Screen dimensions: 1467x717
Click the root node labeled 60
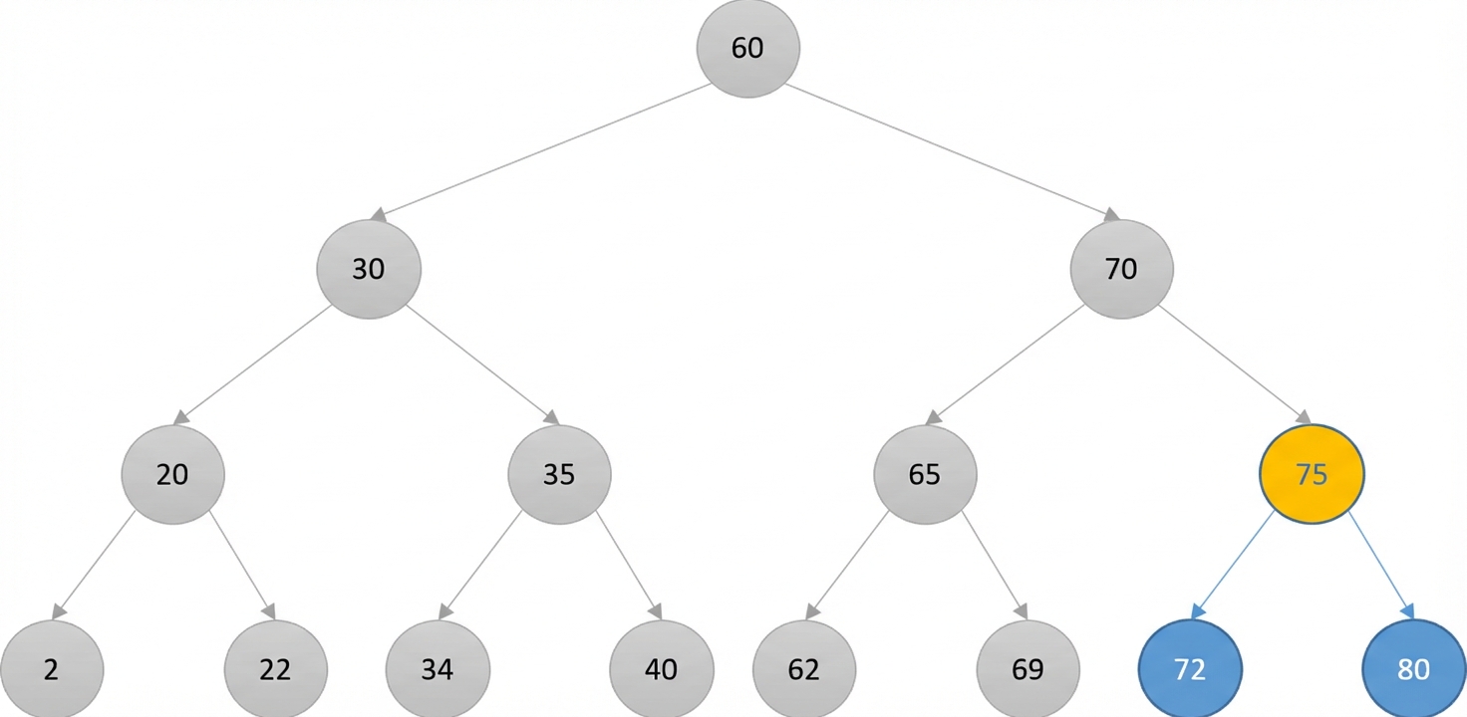(x=747, y=48)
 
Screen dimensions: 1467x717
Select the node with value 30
(x=369, y=269)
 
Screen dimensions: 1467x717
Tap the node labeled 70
(x=1122, y=269)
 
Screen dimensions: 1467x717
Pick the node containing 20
(x=172, y=474)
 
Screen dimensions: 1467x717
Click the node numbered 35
(x=559, y=474)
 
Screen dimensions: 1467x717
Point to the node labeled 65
(x=925, y=474)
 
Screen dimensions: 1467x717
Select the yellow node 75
(x=1312, y=474)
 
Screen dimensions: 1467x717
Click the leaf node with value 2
(x=52, y=668)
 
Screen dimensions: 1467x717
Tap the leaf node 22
(x=276, y=668)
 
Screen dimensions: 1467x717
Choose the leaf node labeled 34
(x=438, y=668)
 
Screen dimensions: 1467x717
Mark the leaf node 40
(x=662, y=668)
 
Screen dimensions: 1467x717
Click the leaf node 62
(x=804, y=668)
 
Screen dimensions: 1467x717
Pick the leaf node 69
(x=1028, y=668)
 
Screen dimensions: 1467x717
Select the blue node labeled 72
(x=1190, y=668)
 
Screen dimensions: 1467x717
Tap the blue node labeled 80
(x=1414, y=668)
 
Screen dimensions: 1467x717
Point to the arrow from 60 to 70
(x=953, y=152)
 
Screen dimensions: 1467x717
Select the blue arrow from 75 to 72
(x=1233, y=566)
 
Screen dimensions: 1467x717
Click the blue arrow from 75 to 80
(x=1381, y=566)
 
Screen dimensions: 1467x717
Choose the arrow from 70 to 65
(x=1006, y=364)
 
